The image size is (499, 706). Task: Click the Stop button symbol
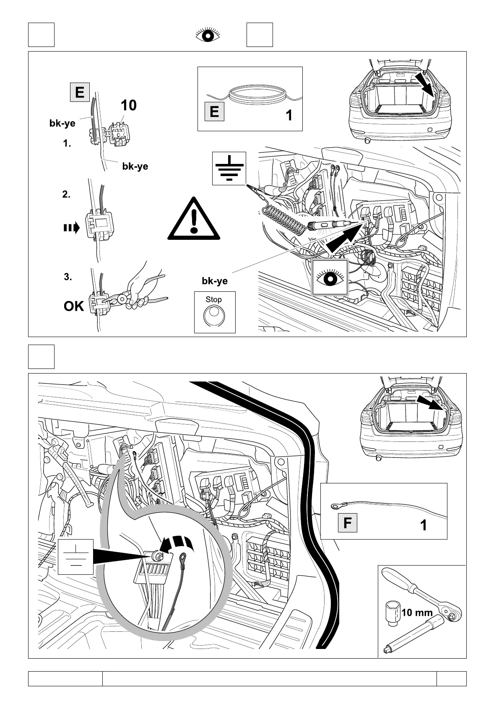pos(214,315)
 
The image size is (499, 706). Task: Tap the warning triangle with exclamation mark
pos(193,219)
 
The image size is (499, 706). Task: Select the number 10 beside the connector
pos(129,105)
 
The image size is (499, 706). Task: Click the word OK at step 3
pos(74,306)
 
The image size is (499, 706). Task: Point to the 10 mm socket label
pos(417,613)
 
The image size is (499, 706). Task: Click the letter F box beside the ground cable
pos(347,523)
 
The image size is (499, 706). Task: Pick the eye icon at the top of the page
pos(208,35)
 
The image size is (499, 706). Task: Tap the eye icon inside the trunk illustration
pos(330,277)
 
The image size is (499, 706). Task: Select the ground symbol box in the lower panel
pos(75,557)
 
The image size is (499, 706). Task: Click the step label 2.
pos(66,195)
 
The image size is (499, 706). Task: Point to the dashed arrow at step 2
pos(71,228)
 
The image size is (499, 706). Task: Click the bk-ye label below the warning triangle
pos(215,281)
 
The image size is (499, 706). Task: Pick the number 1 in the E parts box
pos(288,115)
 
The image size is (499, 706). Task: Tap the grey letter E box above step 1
pos(80,92)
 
